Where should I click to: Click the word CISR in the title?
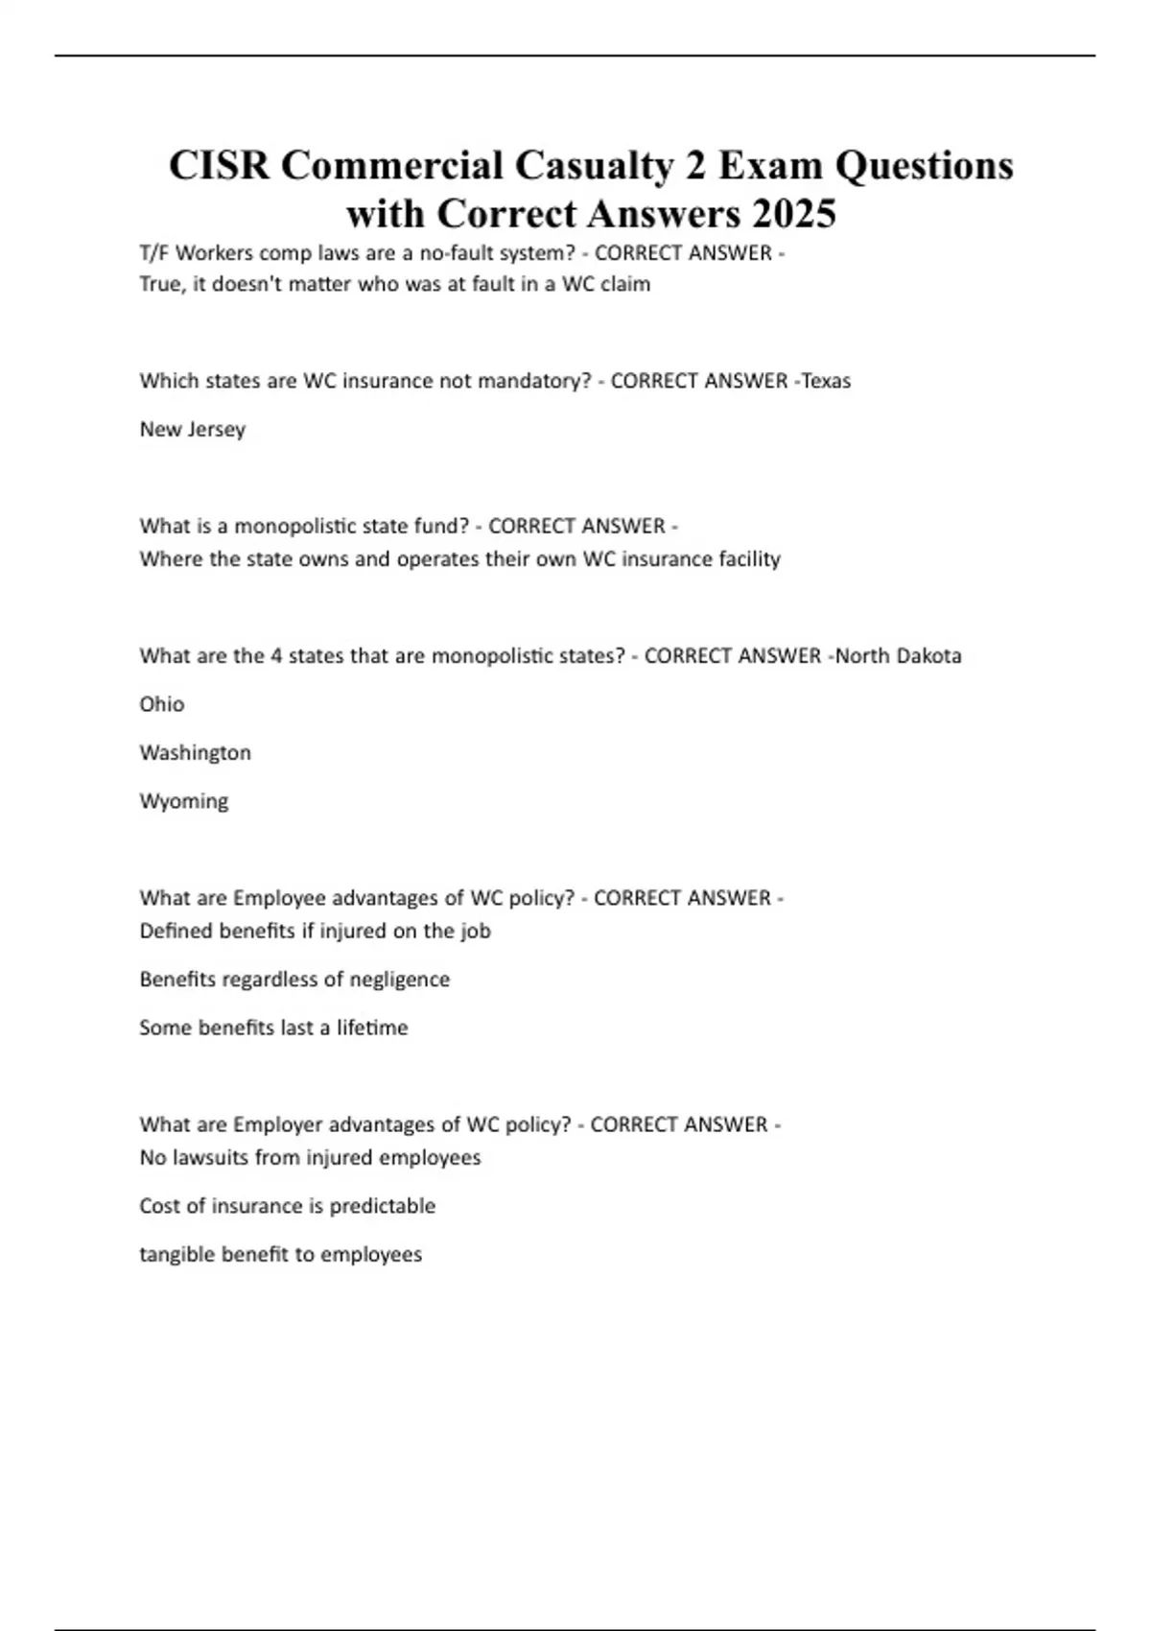(x=220, y=165)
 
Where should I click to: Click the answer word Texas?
(x=826, y=381)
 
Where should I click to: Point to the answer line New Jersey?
(x=193, y=429)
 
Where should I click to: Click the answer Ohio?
(x=162, y=704)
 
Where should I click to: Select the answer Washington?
(x=196, y=752)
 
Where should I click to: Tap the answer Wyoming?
(x=184, y=801)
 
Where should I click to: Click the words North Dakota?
(x=899, y=656)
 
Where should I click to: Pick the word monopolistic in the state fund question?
(x=294, y=526)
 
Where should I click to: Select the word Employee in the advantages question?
(x=279, y=898)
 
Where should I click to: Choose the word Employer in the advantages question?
(x=278, y=1124)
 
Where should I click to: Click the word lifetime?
(x=372, y=1028)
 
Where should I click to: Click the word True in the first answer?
(x=160, y=284)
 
